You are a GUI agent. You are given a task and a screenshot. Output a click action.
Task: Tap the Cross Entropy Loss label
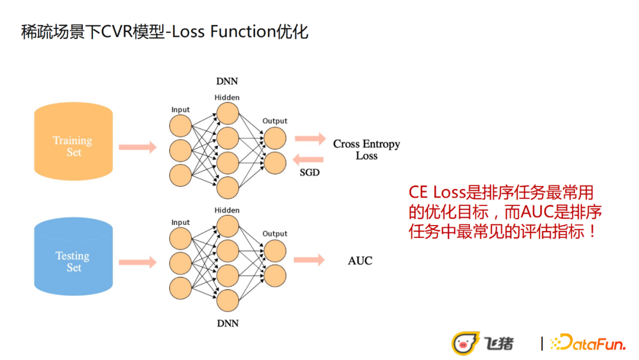click(366, 150)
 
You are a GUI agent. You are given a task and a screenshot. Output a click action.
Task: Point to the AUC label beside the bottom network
click(360, 261)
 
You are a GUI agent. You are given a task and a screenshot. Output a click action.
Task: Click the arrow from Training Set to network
click(137, 147)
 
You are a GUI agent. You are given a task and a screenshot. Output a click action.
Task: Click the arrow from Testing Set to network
click(137, 262)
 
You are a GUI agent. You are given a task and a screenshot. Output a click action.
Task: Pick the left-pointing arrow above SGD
click(309, 159)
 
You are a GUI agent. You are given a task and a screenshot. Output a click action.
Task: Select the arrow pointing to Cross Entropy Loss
click(309, 139)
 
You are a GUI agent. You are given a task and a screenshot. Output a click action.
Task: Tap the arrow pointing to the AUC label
click(309, 259)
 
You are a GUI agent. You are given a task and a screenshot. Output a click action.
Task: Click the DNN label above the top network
click(227, 81)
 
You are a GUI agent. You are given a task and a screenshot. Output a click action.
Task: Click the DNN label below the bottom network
click(227, 323)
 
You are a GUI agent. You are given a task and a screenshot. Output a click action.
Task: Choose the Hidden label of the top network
click(227, 97)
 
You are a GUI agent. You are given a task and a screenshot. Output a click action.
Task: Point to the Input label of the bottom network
click(180, 223)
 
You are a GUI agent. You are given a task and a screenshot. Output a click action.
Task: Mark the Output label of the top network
click(275, 121)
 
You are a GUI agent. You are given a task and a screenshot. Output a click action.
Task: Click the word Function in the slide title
click(243, 31)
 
